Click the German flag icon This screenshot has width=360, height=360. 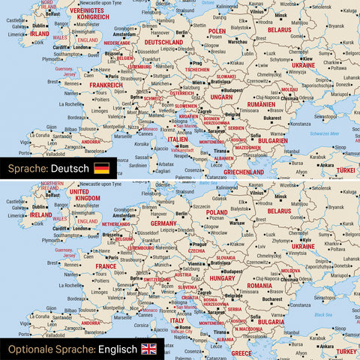[101, 168]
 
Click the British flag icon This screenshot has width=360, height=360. [148, 349]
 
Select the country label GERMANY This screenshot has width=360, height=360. [163, 223]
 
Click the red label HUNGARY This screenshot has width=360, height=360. [222, 277]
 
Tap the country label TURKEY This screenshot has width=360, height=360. [347, 351]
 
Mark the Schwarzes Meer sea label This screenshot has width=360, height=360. [325, 132]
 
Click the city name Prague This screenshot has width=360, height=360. [198, 244]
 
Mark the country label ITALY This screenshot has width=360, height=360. [177, 320]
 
